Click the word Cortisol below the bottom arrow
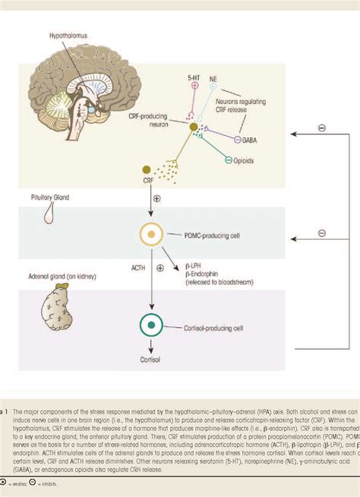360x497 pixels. [x=152, y=363]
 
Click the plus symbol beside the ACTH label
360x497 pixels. [x=159, y=268]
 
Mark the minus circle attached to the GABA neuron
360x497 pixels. [x=238, y=140]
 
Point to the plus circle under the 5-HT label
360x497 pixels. [x=194, y=86]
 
